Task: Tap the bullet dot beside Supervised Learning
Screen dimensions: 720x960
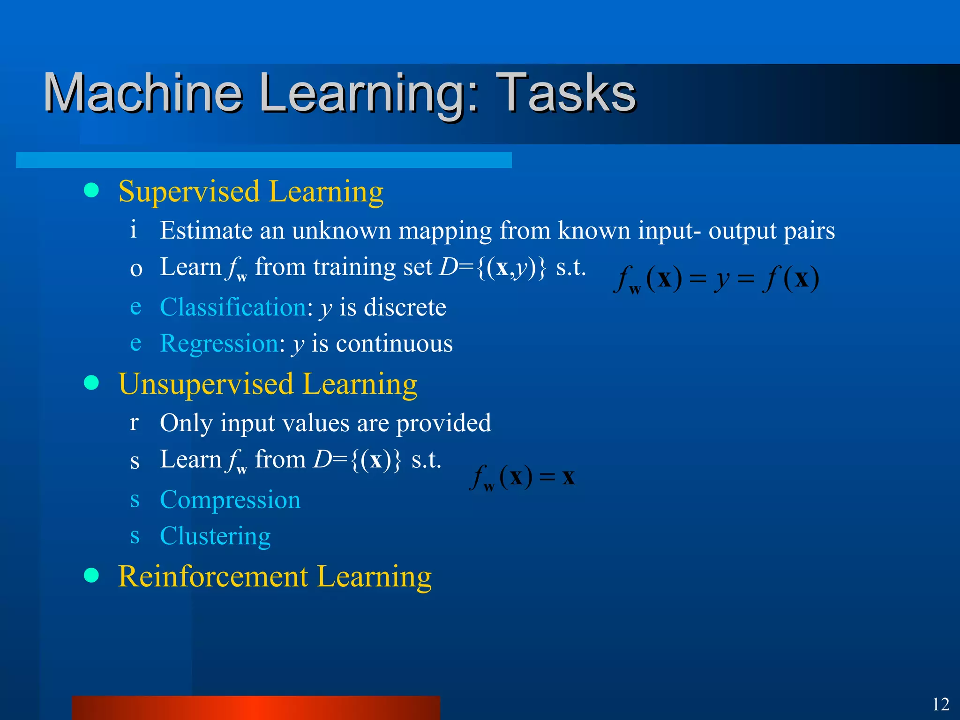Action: (91, 190)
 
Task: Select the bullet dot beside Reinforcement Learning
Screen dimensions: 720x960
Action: (91, 575)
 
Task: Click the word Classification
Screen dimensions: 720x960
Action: (233, 307)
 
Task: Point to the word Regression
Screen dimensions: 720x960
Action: (219, 344)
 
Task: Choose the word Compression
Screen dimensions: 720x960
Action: (230, 500)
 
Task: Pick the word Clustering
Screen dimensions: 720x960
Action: (215, 536)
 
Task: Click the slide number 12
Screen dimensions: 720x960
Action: (940, 705)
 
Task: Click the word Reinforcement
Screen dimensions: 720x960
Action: (213, 577)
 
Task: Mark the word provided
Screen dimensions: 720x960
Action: (443, 423)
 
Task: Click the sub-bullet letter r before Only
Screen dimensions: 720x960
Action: (134, 422)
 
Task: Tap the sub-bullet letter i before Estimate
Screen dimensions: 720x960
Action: (134, 230)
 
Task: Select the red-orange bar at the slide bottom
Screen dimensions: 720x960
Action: (255, 708)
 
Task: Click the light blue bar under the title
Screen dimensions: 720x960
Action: (263, 160)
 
